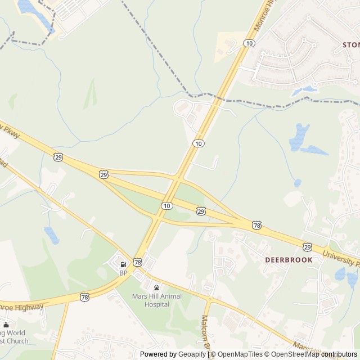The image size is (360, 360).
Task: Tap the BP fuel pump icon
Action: coord(123,265)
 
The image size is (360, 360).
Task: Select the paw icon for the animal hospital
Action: coord(156,287)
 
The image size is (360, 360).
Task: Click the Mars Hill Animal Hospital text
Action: coord(151,300)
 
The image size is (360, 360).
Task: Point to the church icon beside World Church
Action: coord(6,325)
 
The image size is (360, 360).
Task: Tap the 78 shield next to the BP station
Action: coord(138,262)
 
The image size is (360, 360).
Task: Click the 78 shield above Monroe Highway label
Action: coord(84,296)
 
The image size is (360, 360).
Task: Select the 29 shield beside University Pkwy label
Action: coord(307,246)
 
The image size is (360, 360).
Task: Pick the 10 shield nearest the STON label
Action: coord(250,43)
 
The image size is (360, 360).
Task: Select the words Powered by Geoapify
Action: coord(173,354)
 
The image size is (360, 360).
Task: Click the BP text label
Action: coord(123,273)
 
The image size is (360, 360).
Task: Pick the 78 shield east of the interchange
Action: coord(256,225)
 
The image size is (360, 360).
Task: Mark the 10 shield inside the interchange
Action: coord(166,206)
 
